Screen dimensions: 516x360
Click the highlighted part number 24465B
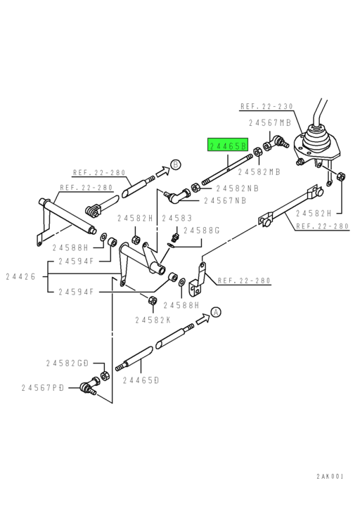point(228,146)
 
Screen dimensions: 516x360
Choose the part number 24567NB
point(224,200)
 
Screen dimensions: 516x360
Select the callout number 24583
point(176,219)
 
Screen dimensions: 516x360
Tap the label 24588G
point(202,230)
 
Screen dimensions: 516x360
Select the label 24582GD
point(67,363)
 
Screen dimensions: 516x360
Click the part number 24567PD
point(44,387)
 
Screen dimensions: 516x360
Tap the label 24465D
point(140,380)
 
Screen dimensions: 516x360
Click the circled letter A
point(215,311)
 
